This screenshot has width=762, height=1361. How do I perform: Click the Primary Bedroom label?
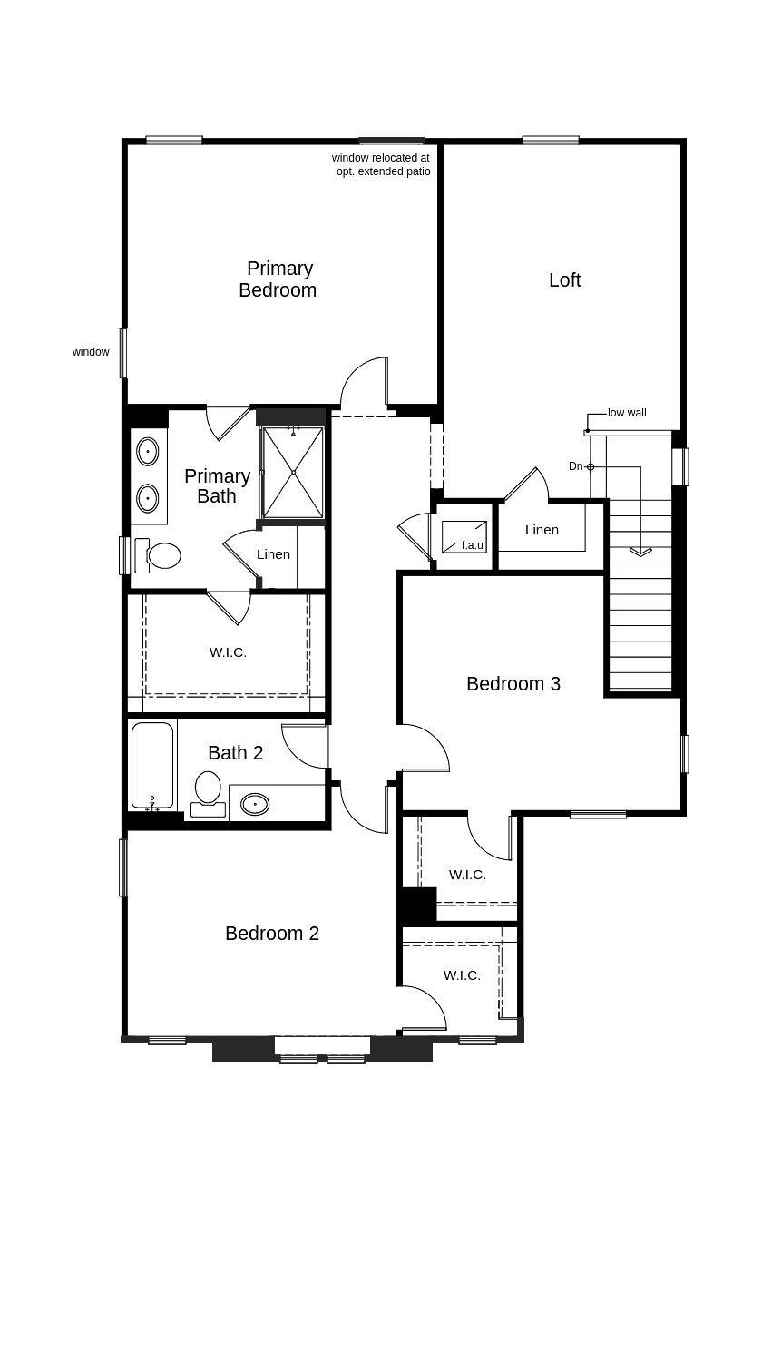[278, 279]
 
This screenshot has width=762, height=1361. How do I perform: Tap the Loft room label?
[564, 280]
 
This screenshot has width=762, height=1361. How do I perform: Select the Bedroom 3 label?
[513, 684]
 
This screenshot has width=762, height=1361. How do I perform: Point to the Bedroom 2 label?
[271, 934]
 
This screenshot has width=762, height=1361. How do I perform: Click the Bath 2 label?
[235, 753]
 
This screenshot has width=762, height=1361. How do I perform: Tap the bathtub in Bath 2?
[152, 765]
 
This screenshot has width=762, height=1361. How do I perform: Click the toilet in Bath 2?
[208, 789]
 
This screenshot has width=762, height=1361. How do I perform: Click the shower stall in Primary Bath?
[293, 472]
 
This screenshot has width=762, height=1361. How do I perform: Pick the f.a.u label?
[472, 545]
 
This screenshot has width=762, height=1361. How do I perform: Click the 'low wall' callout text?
[627, 413]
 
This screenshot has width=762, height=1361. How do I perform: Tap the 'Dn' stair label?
[575, 466]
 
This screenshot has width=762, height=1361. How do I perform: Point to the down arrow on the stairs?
[640, 550]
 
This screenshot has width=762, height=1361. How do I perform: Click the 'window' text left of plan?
[91, 352]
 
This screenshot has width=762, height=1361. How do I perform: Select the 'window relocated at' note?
[380, 158]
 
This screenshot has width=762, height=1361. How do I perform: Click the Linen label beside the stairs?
[542, 530]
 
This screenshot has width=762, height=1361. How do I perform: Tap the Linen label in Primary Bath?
[273, 554]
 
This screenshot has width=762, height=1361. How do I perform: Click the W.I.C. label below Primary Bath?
[228, 652]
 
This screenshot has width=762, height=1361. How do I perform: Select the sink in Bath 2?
[255, 804]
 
